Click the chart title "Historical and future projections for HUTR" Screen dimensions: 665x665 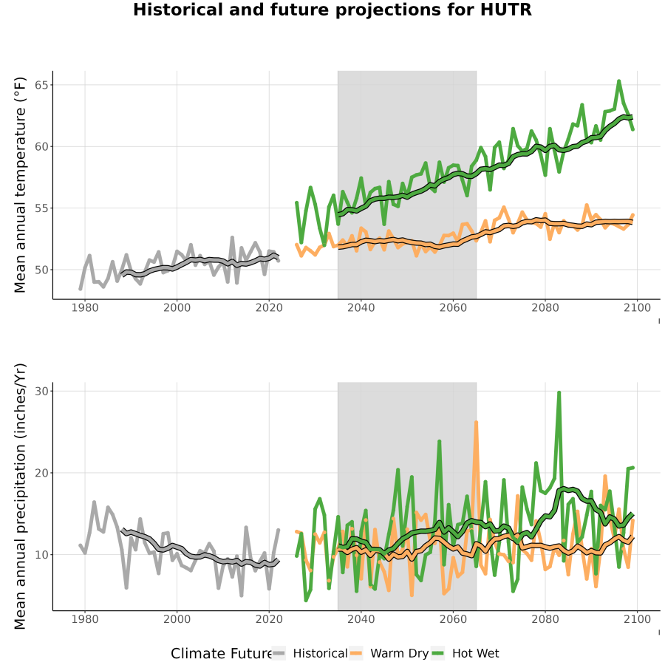[332, 10]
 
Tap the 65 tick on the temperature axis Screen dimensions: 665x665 [41, 85]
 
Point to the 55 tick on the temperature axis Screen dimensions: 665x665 [41, 208]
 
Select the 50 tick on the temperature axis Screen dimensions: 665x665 [41, 270]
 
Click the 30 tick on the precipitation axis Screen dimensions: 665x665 [41, 391]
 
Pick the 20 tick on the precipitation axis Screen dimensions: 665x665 [41, 473]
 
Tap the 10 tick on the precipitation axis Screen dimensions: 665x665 [41, 555]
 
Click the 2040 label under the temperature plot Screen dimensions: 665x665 [361, 307]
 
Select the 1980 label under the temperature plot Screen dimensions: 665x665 [85, 307]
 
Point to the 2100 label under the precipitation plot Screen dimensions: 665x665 [637, 619]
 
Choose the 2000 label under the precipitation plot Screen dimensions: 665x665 [177, 619]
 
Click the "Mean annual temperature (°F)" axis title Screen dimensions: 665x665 [20, 185]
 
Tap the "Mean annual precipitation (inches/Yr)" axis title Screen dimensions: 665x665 [20, 497]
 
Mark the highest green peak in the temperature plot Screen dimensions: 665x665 [618, 81]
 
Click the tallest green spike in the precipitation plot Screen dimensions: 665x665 [559, 393]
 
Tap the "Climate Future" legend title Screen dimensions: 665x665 [221, 654]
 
